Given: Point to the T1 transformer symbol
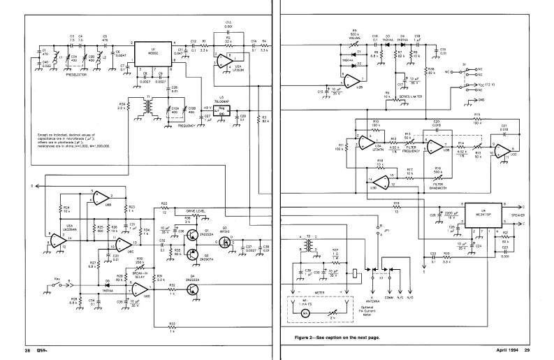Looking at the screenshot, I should [x=148, y=105].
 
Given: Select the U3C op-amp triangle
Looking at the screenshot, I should [x=505, y=152].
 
